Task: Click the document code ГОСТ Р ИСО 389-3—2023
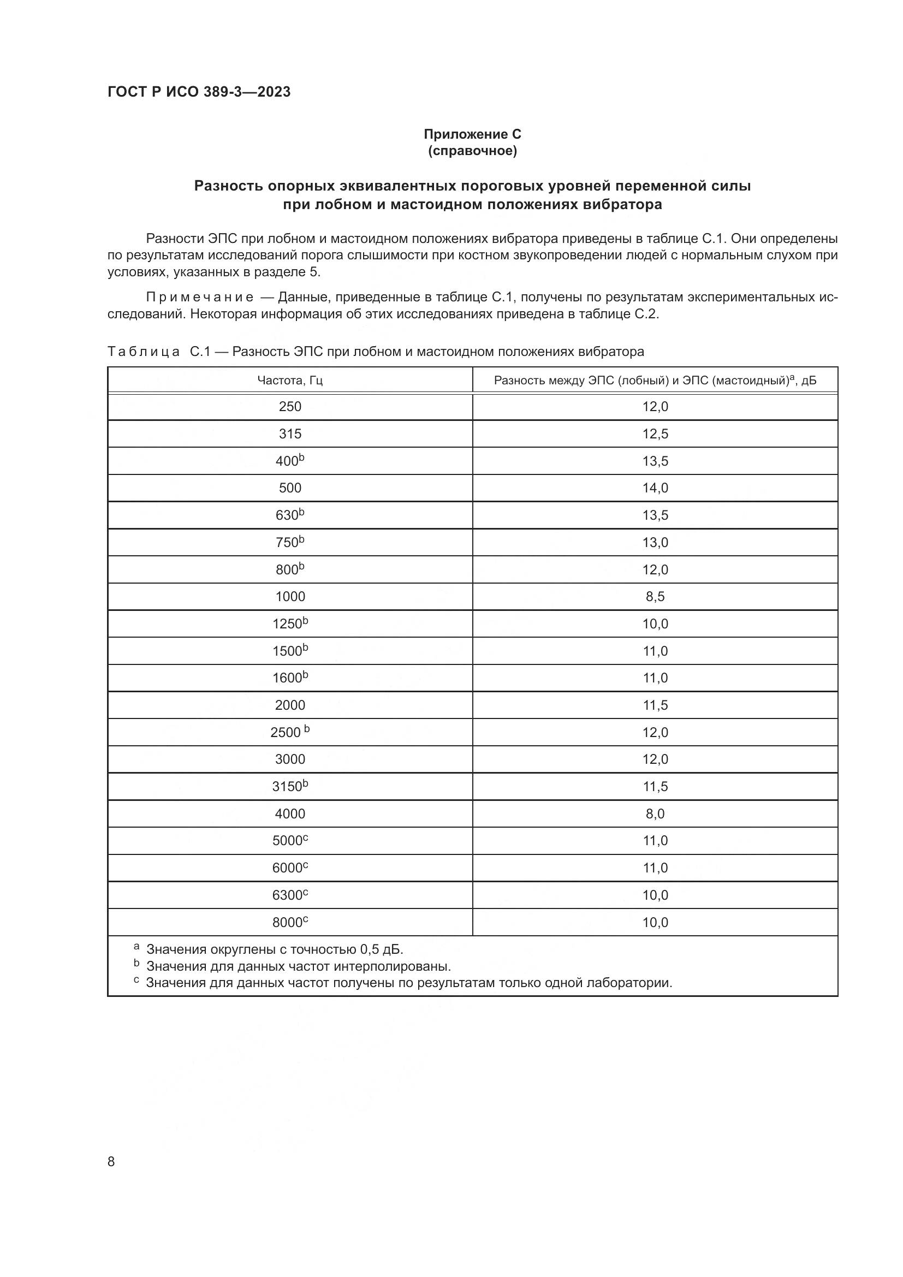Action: pos(199,92)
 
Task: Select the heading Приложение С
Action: pos(472,134)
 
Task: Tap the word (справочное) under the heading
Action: pos(472,151)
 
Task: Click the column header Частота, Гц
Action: pos(290,381)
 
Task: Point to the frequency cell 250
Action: pos(290,407)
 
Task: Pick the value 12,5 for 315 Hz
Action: pos(655,434)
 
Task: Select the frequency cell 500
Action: pos(290,488)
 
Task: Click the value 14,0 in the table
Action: pos(655,488)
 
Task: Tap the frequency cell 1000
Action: pos(290,597)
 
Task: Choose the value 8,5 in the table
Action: pos(655,597)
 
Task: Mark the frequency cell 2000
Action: pos(290,705)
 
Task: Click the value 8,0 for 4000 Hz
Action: pos(655,813)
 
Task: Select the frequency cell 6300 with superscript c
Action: pos(290,895)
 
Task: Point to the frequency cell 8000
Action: pos(290,922)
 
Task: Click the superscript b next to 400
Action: pos(302,457)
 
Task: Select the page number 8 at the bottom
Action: pos(111,1161)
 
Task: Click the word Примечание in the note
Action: pos(200,298)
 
